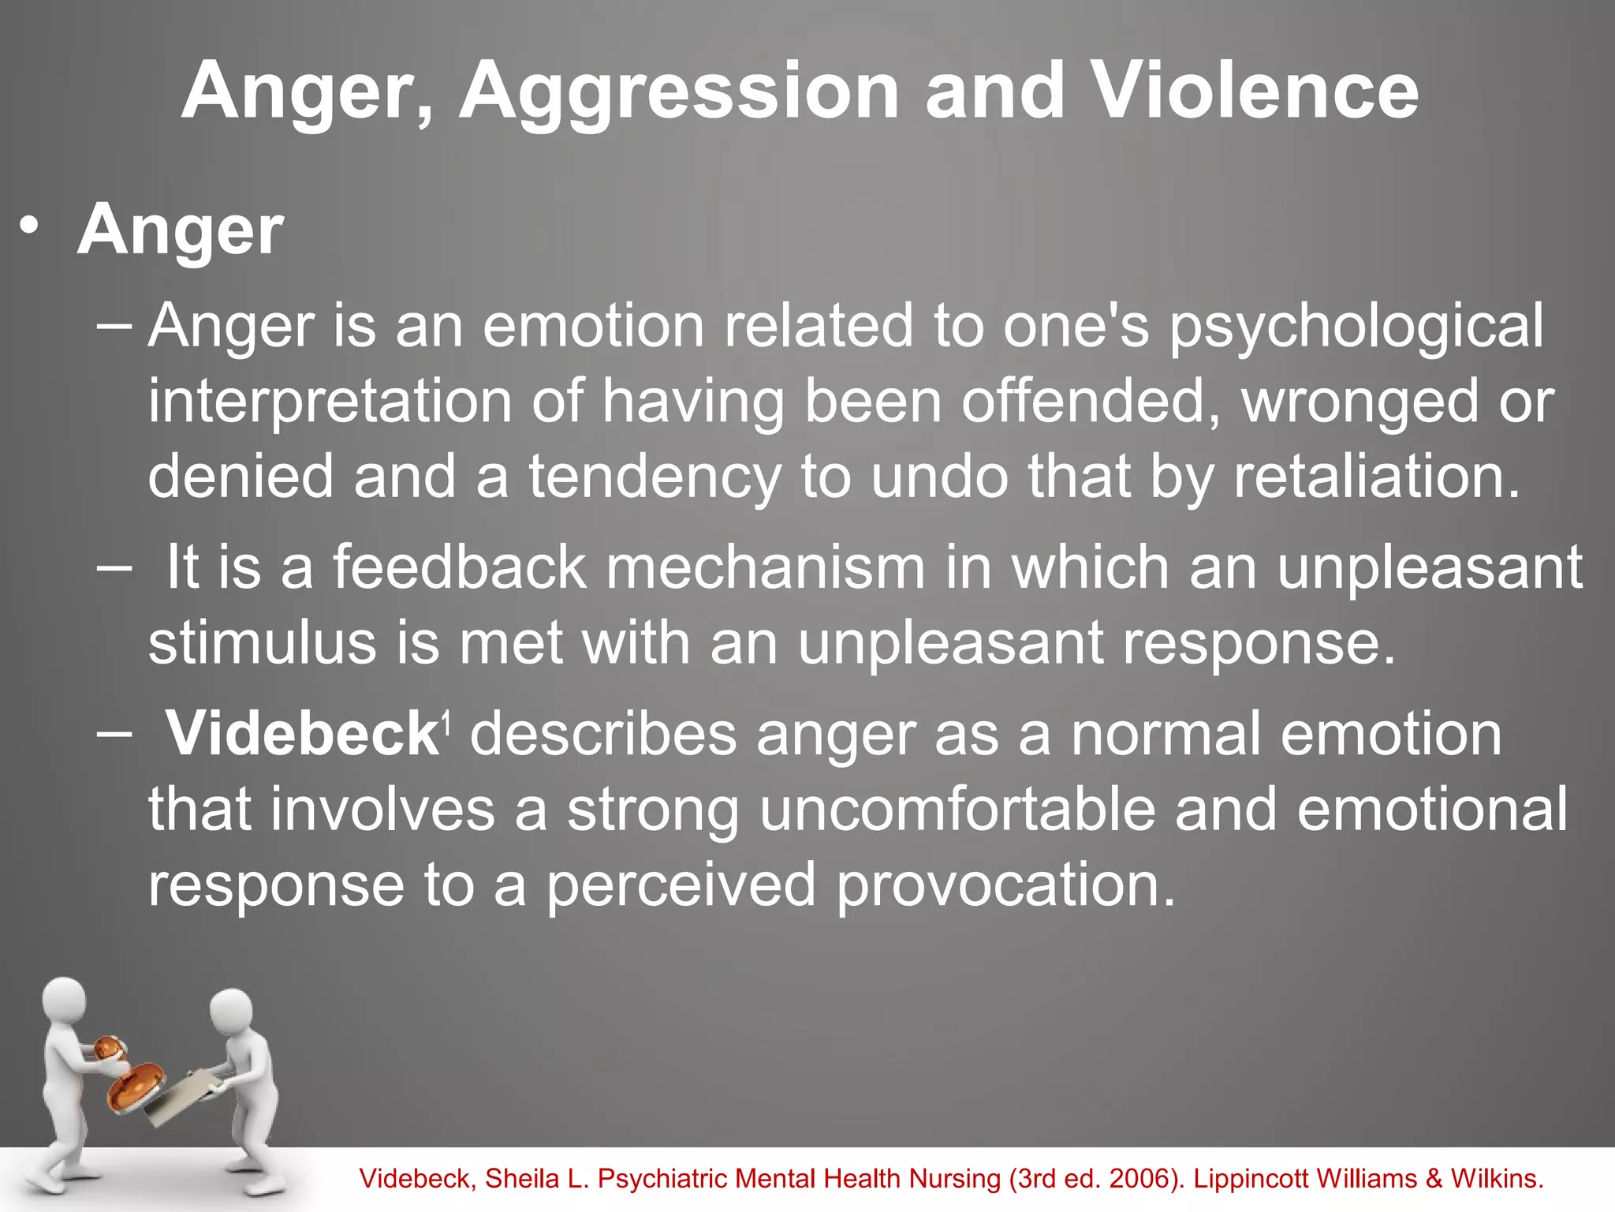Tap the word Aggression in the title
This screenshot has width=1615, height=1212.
[x=678, y=93]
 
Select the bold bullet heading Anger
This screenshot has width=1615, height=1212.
[x=180, y=230]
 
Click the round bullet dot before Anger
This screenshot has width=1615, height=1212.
[x=29, y=226]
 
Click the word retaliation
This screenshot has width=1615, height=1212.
[x=1376, y=477]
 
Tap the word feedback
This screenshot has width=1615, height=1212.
[x=459, y=567]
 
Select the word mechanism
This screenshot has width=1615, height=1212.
[x=765, y=567]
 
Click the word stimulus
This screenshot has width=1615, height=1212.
[x=262, y=642]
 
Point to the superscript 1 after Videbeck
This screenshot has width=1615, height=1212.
[x=446, y=720]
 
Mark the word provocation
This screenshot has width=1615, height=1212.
[x=1005, y=885]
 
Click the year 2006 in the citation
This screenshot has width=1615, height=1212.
[x=1141, y=1179]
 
